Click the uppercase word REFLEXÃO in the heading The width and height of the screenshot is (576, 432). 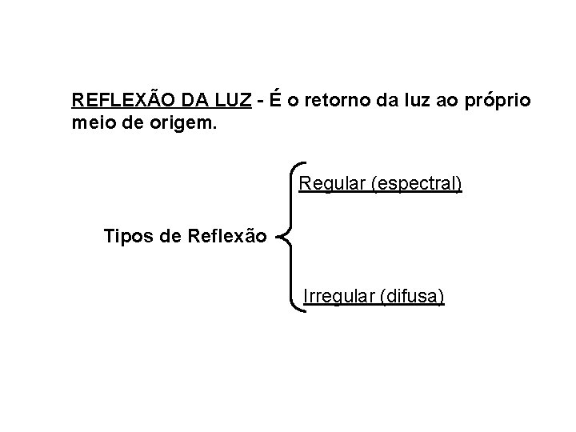point(120,101)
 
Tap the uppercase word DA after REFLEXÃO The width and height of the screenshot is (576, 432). point(192,101)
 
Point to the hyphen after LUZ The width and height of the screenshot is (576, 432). point(262,102)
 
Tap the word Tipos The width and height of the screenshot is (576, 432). point(126,236)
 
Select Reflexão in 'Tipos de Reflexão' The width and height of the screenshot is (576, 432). point(226,236)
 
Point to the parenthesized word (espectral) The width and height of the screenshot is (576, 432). point(416,186)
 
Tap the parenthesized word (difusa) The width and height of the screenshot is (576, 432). point(414,298)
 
